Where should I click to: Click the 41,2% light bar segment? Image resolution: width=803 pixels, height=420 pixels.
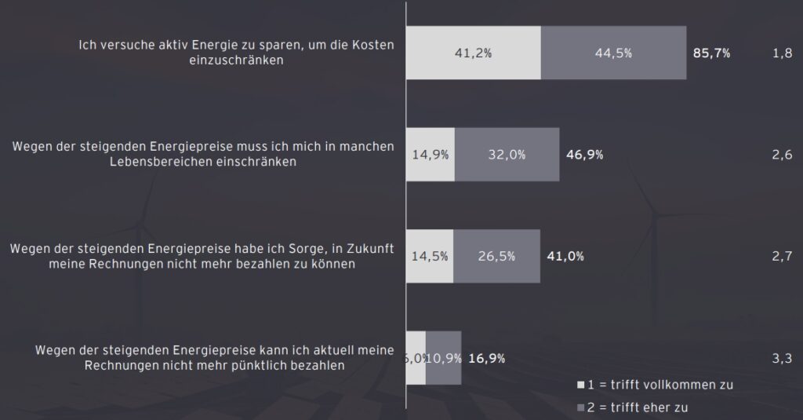(473, 53)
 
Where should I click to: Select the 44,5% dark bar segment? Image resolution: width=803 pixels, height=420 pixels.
(613, 53)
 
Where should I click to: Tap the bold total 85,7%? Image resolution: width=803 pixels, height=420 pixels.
(712, 53)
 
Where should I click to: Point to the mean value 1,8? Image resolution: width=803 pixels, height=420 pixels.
(781, 53)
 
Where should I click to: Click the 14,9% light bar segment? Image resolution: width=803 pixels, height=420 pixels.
(431, 155)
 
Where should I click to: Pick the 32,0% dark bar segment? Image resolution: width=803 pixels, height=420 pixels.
(507, 155)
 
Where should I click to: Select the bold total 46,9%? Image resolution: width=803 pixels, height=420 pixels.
(584, 155)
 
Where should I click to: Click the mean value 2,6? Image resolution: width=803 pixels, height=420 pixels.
(781, 155)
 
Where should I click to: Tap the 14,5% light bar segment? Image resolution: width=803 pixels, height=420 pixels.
(430, 256)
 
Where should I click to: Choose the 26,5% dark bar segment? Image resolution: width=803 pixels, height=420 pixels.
(496, 256)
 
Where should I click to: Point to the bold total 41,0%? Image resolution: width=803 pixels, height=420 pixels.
(565, 256)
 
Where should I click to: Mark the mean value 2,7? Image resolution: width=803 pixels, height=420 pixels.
(781, 256)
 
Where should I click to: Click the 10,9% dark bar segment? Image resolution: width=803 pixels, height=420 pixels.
(444, 358)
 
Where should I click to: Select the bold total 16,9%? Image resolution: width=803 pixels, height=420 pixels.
(486, 358)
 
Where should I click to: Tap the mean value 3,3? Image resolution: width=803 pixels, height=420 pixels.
(781, 358)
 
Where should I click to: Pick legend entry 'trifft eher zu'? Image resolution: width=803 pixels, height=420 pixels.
(641, 407)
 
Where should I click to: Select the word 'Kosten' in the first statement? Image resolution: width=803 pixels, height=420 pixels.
(374, 46)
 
